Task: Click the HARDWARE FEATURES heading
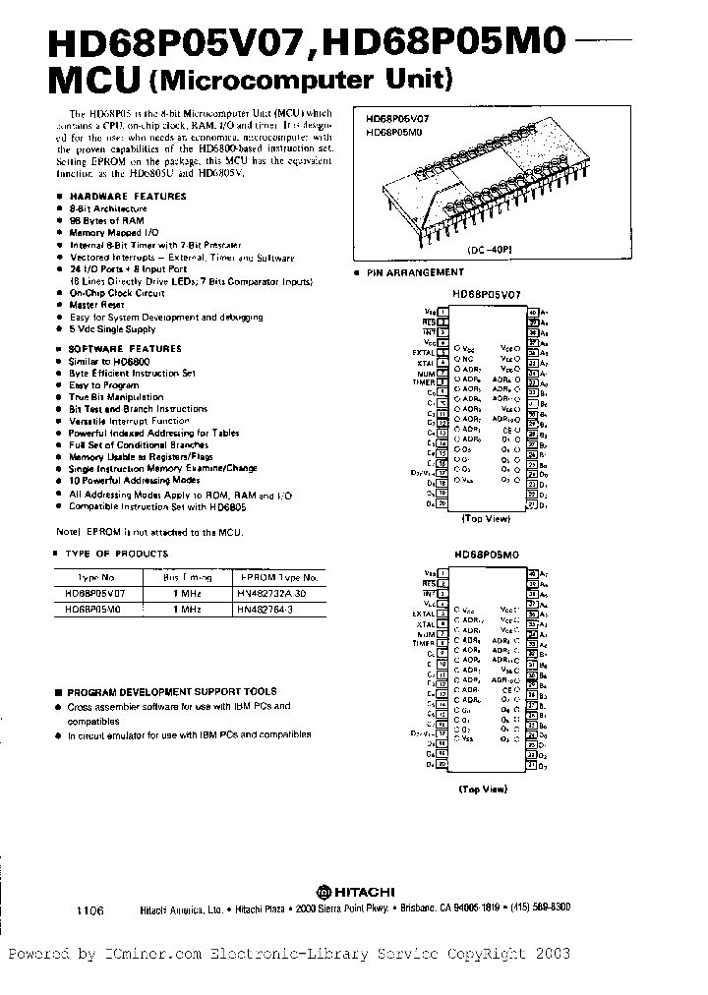(x=128, y=197)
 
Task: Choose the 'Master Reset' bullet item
(x=97, y=305)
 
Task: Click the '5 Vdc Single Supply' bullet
(x=113, y=330)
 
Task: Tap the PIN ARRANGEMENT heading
(x=415, y=272)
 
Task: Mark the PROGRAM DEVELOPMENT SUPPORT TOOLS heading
(x=173, y=691)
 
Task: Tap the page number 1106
(x=88, y=910)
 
